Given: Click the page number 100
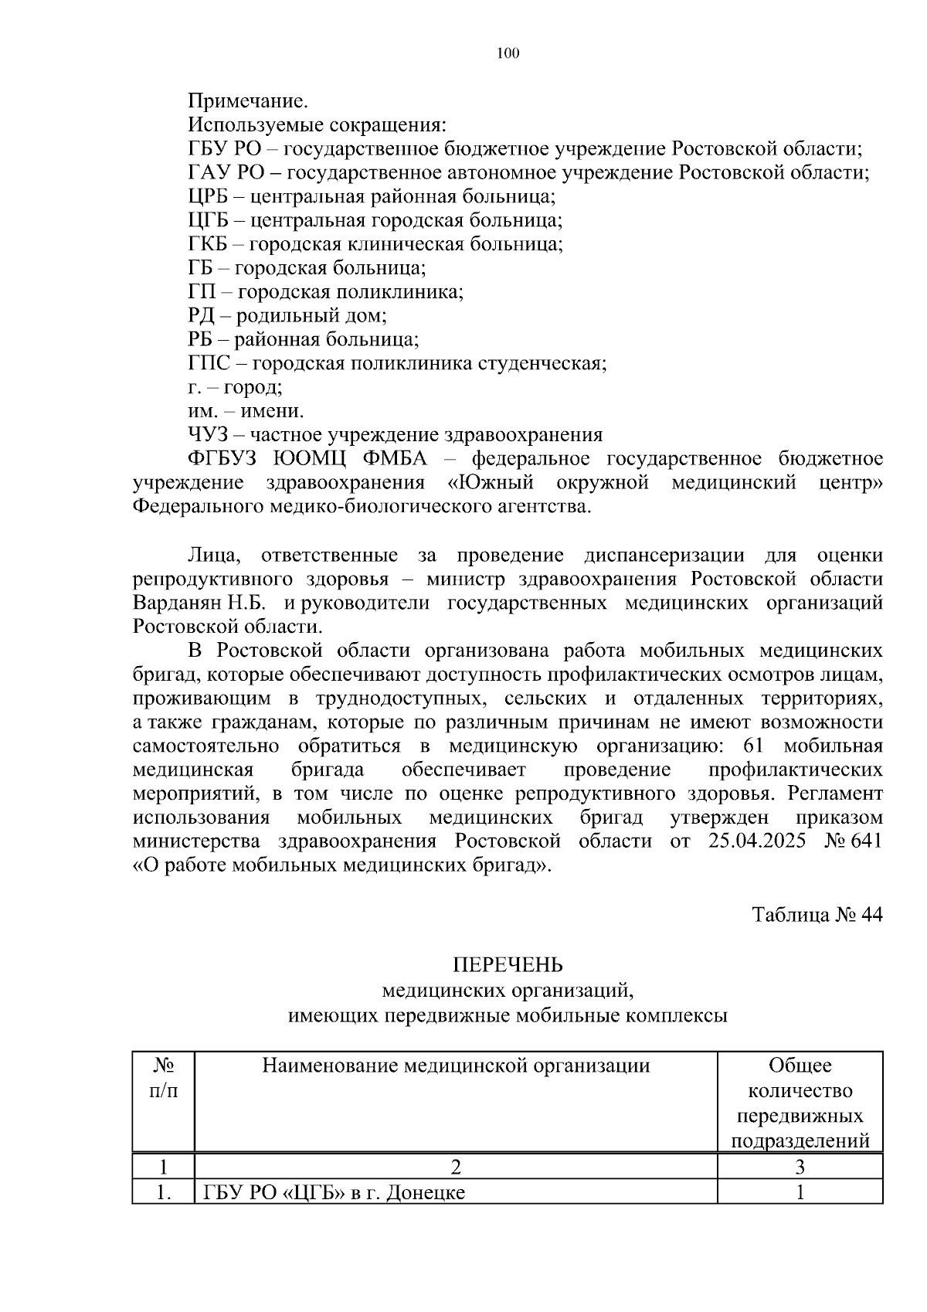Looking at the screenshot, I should pos(508,53).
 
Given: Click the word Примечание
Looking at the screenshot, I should pos(247,101).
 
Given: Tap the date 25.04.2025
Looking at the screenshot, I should pos(756,841).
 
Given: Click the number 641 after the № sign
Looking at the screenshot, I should pos(865,841).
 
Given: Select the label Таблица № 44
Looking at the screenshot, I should pos(817,915).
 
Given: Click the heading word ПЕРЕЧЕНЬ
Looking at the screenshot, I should pos(508,965).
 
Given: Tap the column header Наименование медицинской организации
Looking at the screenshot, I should pos(456,1066).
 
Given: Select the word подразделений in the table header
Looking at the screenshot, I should pos(800,1141).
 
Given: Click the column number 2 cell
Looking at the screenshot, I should pos(456,1167).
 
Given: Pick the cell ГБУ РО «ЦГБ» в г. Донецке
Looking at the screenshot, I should pos(334,1192).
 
